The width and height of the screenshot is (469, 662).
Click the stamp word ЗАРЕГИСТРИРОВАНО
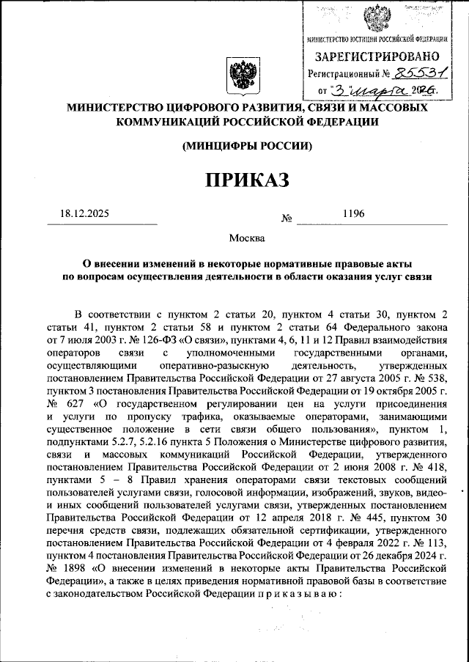377,56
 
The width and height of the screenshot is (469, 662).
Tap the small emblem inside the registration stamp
377,18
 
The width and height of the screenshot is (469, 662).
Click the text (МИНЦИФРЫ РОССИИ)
247,145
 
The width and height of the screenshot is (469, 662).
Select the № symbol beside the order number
287,218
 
